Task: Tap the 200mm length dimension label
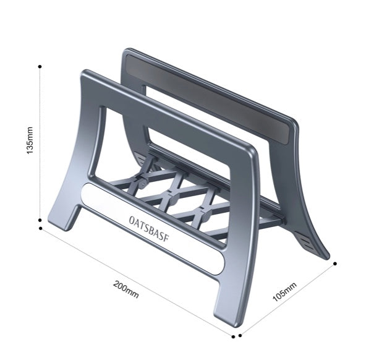126,288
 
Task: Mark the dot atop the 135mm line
40,65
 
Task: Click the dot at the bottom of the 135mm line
40,220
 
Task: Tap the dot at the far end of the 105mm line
335,263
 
